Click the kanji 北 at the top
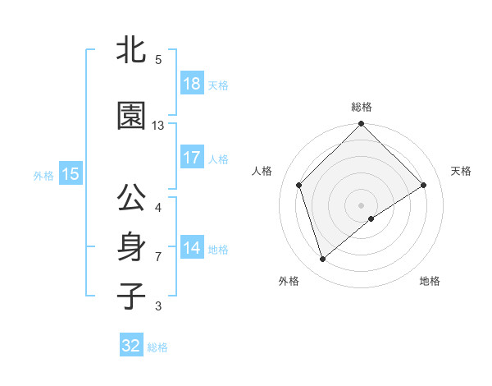[131, 49]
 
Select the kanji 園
[131, 116]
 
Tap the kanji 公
[131, 199]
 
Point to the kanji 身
[131, 247]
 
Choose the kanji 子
[131, 296]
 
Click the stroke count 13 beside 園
[158, 126]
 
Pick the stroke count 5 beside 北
[158, 59]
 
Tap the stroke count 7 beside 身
[158, 257]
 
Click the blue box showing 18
[191, 84]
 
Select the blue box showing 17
[191, 158]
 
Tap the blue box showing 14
[191, 248]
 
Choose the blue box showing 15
[70, 174]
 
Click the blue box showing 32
[131, 346]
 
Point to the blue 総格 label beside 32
[158, 347]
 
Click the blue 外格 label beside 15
[43, 175]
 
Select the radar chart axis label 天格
[461, 171]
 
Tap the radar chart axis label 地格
[430, 281]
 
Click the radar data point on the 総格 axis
[361, 125]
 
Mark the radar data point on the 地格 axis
[371, 218]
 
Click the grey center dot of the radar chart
[361, 204]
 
